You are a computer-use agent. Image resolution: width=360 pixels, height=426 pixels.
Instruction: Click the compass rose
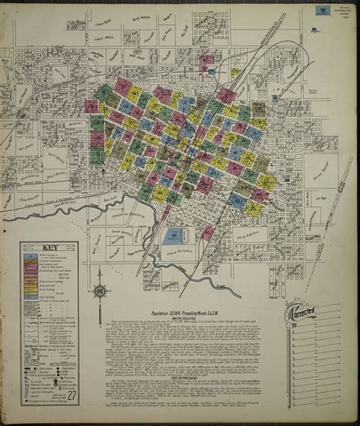pyautogui.click(x=99, y=292)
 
